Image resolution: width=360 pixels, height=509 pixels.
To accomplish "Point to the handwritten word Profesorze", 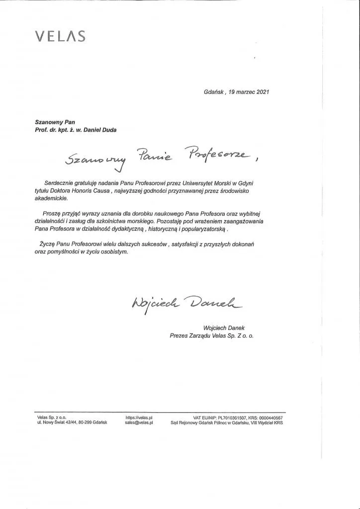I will pyautogui.click(x=217, y=156).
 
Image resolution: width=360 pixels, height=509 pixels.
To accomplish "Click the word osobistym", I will pyautogui.click(x=117, y=252).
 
